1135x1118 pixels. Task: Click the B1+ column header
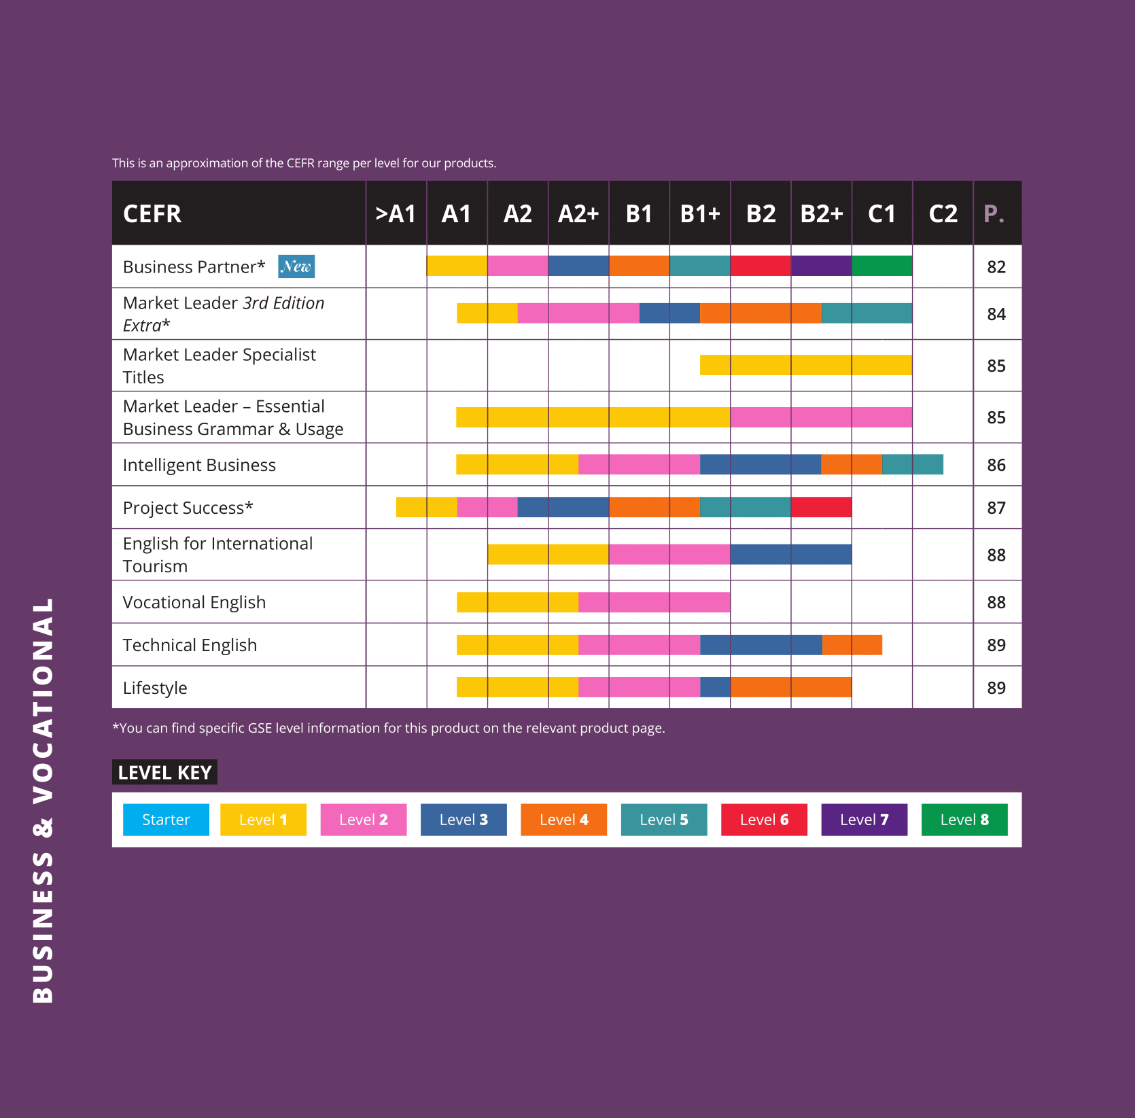click(x=700, y=214)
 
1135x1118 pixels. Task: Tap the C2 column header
click(x=943, y=214)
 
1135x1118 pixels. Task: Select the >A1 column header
click(x=396, y=214)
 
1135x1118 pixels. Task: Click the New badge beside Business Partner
click(x=296, y=266)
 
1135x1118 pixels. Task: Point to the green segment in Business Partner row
click(x=881, y=266)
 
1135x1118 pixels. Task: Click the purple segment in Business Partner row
click(x=821, y=266)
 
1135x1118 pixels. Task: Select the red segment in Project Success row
click(x=821, y=507)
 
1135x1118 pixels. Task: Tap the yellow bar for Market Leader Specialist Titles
click(x=806, y=365)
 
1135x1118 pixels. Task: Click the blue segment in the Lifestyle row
click(x=715, y=687)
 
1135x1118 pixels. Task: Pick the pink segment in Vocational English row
click(x=654, y=602)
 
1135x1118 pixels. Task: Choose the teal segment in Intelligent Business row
click(x=912, y=464)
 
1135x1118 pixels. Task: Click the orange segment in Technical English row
click(x=852, y=645)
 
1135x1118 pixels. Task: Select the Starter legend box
click(x=166, y=820)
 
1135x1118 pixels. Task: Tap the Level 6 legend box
click(x=764, y=820)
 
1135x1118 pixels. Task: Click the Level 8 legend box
click(x=964, y=820)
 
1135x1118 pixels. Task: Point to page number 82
click(x=996, y=267)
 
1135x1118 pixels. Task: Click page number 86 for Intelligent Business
click(x=996, y=465)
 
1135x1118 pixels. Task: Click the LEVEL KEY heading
click(x=164, y=772)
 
